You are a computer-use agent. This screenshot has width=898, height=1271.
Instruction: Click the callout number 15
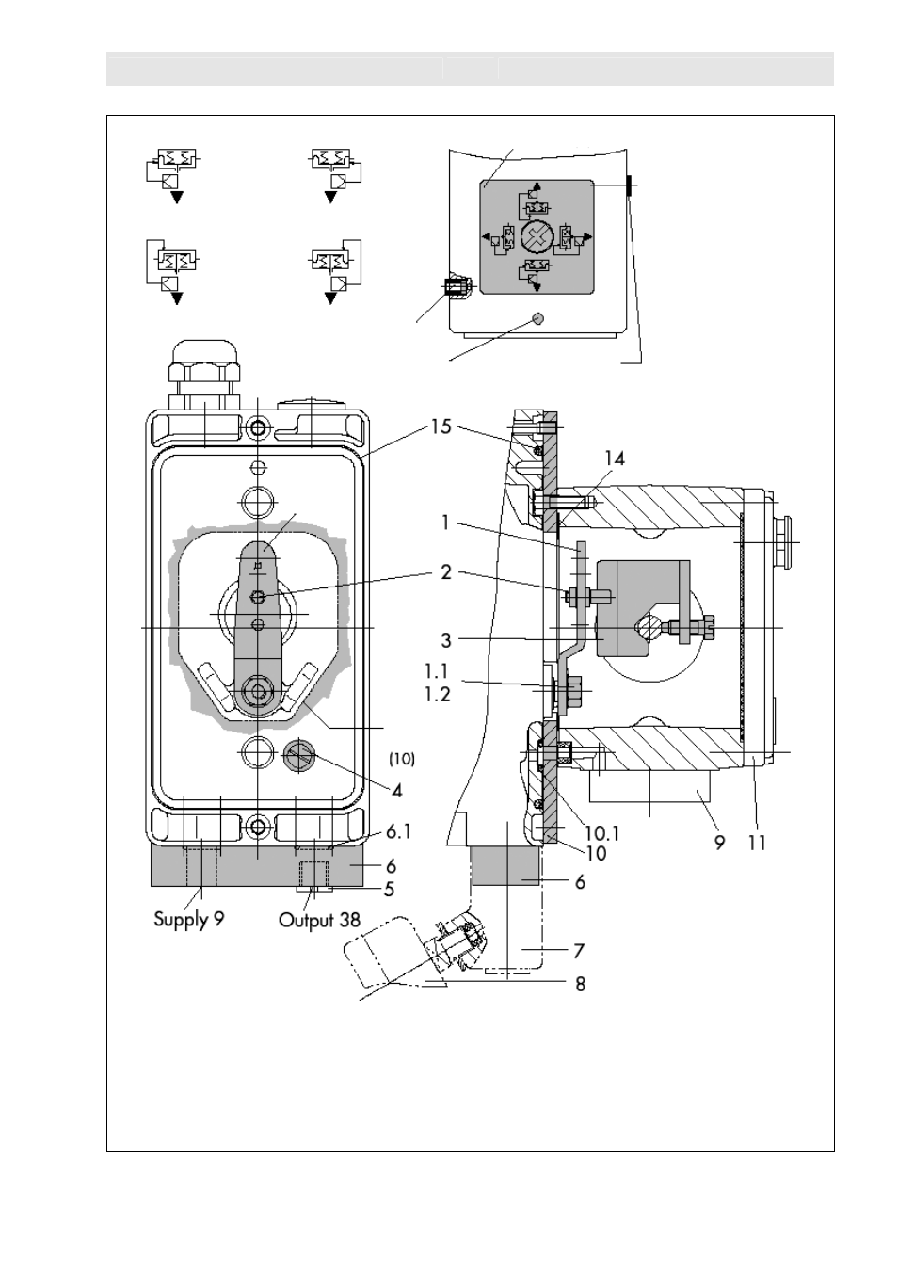(441, 426)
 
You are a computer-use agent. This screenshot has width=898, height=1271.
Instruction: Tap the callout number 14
(615, 458)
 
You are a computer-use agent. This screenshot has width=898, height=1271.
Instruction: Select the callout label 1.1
(437, 671)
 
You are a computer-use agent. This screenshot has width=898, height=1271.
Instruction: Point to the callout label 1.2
(438, 694)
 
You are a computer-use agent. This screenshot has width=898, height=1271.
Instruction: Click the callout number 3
(446, 640)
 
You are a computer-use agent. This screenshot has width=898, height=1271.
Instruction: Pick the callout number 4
(397, 791)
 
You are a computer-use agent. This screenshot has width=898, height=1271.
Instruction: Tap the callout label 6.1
(399, 832)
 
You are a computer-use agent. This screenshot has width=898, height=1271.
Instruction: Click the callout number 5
(389, 889)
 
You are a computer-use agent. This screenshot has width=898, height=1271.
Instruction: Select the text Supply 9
(189, 920)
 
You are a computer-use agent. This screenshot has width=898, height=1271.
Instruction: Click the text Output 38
(319, 920)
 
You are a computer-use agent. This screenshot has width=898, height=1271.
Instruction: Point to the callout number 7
(579, 950)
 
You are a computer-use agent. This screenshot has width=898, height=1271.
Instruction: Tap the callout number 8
(581, 984)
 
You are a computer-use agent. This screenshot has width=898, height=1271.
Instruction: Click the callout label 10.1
(601, 833)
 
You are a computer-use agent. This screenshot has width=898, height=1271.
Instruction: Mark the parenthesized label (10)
(402, 759)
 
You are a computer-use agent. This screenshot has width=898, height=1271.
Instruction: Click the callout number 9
(719, 844)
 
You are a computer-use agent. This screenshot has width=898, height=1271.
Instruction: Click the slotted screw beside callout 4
(299, 755)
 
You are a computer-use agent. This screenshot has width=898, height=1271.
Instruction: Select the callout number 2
(446, 572)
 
